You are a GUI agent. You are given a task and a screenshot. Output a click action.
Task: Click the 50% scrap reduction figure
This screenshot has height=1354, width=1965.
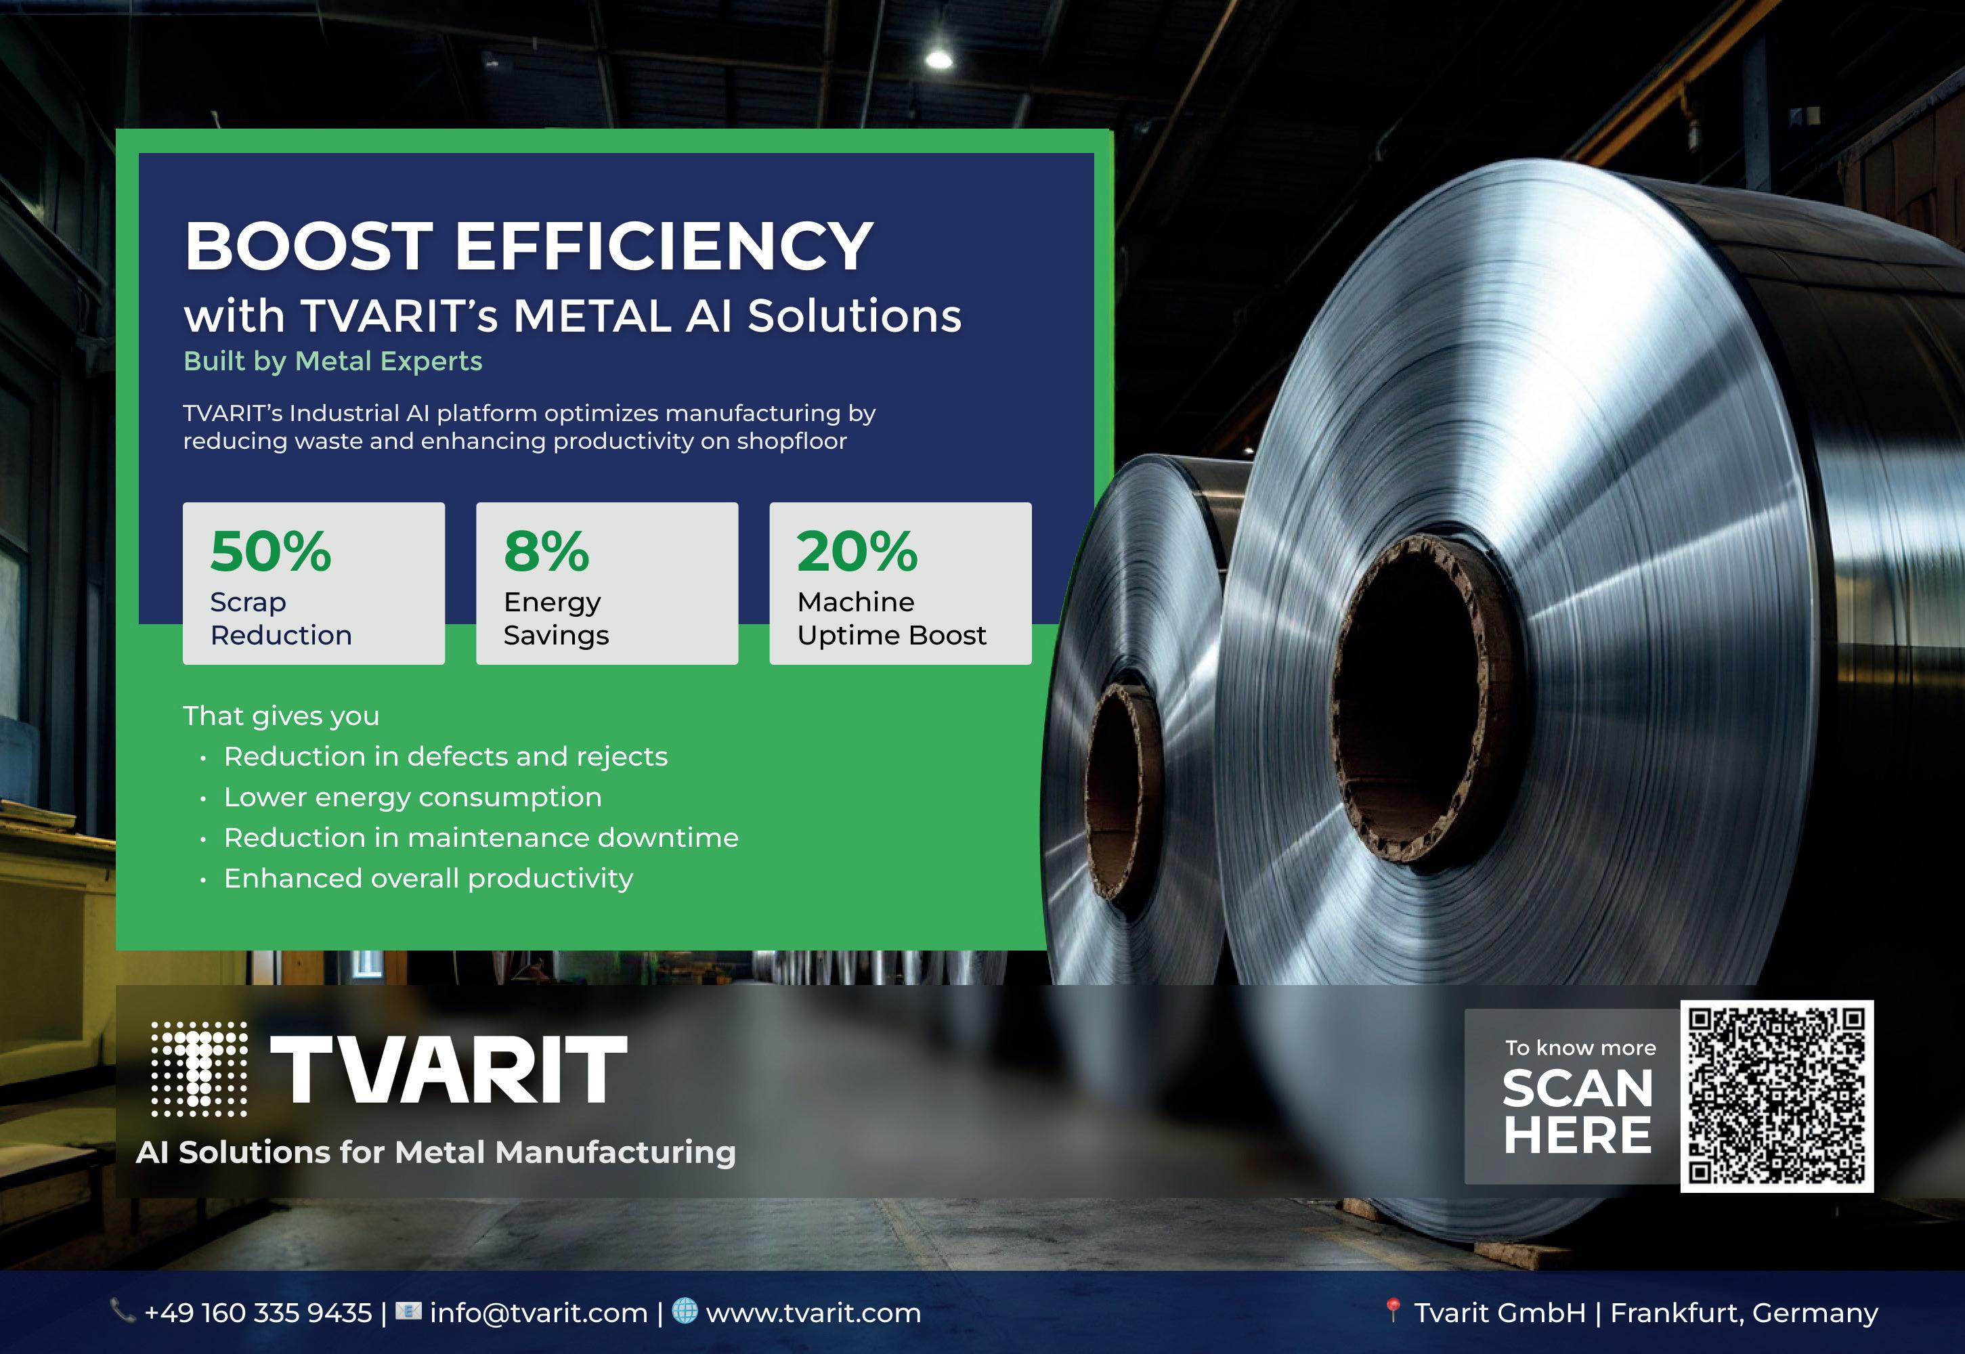271,552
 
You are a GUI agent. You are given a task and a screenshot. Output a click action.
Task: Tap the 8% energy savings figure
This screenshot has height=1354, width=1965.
546,552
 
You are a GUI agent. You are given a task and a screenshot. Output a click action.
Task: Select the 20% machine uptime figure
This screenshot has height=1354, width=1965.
857,552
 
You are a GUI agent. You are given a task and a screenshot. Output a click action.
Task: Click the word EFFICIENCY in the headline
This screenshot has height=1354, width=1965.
664,246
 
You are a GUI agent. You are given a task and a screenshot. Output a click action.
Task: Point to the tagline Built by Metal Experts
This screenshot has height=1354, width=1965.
332,362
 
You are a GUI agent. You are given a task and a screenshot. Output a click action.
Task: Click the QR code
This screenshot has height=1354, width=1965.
1777,1095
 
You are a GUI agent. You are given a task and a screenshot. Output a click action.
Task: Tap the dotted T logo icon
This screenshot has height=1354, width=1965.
199,1069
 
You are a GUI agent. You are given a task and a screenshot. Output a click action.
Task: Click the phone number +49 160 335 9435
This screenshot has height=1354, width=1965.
258,1313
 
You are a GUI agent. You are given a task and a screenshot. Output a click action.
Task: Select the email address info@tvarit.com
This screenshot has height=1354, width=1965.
539,1313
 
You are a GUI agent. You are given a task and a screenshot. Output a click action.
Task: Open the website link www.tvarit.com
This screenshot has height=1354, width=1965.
813,1313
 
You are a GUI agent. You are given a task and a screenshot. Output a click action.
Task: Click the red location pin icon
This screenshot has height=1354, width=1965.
1391,1311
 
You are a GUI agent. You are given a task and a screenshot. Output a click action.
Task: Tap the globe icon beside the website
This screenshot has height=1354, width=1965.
685,1311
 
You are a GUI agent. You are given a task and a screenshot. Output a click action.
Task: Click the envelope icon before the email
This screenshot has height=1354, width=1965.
408,1311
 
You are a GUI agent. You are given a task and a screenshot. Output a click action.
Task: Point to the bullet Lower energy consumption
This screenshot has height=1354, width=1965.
412,798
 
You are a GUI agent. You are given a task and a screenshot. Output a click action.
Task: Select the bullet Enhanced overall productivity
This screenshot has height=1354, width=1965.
429,879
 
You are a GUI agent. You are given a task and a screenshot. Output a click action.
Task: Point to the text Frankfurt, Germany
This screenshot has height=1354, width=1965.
1744,1313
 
